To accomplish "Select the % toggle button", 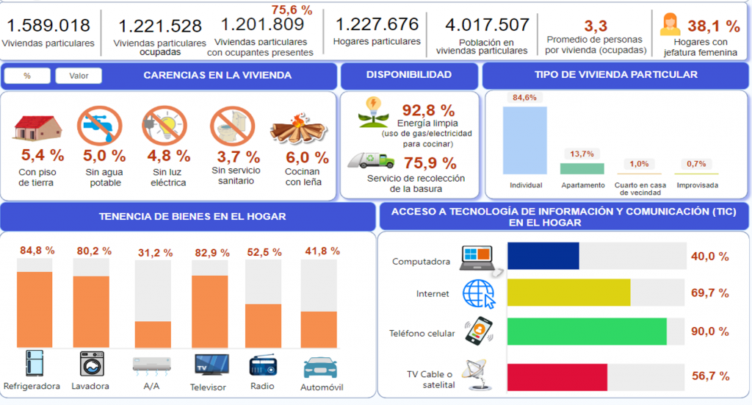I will click(x=27, y=76).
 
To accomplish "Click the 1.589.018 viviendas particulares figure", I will click(x=48, y=26).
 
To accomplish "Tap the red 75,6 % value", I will click(x=292, y=10).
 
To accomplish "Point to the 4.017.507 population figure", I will click(x=482, y=25).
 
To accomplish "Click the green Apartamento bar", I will click(x=582, y=168).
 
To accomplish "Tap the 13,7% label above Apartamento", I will click(x=582, y=154).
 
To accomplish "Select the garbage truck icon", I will click(x=372, y=160).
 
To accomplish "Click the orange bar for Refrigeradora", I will click(x=35, y=309).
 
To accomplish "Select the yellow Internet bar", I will click(x=569, y=293).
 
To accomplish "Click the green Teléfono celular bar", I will click(x=587, y=331).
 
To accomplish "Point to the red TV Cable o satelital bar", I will click(x=557, y=376).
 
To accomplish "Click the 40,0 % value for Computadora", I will click(x=709, y=257).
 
